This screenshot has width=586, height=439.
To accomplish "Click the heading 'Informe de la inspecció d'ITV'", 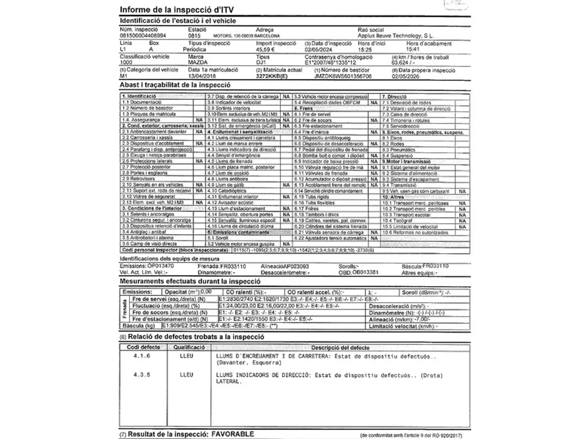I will click(x=177, y=10).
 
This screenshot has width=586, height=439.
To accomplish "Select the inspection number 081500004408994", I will click(x=143, y=36).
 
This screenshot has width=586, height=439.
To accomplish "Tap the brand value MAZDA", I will click(x=198, y=63).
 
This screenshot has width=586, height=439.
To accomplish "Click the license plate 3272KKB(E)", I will click(x=272, y=76).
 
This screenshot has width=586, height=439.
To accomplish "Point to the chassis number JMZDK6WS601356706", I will click(x=343, y=76).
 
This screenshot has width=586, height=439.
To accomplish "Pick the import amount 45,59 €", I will click(x=265, y=50).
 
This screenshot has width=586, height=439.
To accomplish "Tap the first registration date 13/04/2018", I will click(x=202, y=76).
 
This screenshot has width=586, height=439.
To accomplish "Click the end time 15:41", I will click(x=413, y=50).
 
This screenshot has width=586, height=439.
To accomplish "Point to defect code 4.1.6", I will click(x=142, y=356).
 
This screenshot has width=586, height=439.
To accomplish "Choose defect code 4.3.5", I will click(x=142, y=375).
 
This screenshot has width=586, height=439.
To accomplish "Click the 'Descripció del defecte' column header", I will click(x=340, y=348).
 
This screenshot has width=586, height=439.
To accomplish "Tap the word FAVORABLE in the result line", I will click(x=232, y=434).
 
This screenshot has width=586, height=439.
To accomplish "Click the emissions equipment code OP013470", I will click(x=160, y=266).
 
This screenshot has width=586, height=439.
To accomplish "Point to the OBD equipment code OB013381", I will click(x=365, y=272).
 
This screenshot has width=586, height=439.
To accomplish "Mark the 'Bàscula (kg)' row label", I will click(x=139, y=326).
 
